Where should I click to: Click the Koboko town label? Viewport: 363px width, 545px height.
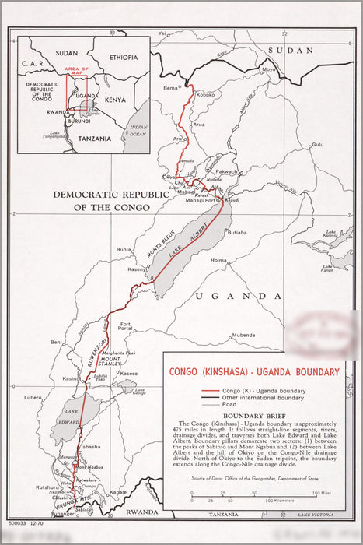pyautogui.click(x=205, y=94)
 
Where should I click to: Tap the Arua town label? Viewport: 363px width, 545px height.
pyautogui.click(x=199, y=124)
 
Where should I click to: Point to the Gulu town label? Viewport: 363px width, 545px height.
pyautogui.click(x=317, y=144)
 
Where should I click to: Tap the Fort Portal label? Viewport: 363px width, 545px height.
pyautogui.click(x=125, y=327)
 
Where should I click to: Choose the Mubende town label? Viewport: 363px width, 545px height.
pyautogui.click(x=243, y=335)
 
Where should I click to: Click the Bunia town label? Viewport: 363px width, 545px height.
pyautogui.click(x=124, y=249)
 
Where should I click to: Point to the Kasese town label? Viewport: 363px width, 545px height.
pyautogui.click(x=128, y=374)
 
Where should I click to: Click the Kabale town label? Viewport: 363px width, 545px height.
pyautogui.click(x=118, y=493)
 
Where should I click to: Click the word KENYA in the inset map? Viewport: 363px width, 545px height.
pyautogui.click(x=115, y=100)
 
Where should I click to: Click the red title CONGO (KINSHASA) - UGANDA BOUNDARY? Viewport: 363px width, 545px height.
pyautogui.click(x=254, y=372)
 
